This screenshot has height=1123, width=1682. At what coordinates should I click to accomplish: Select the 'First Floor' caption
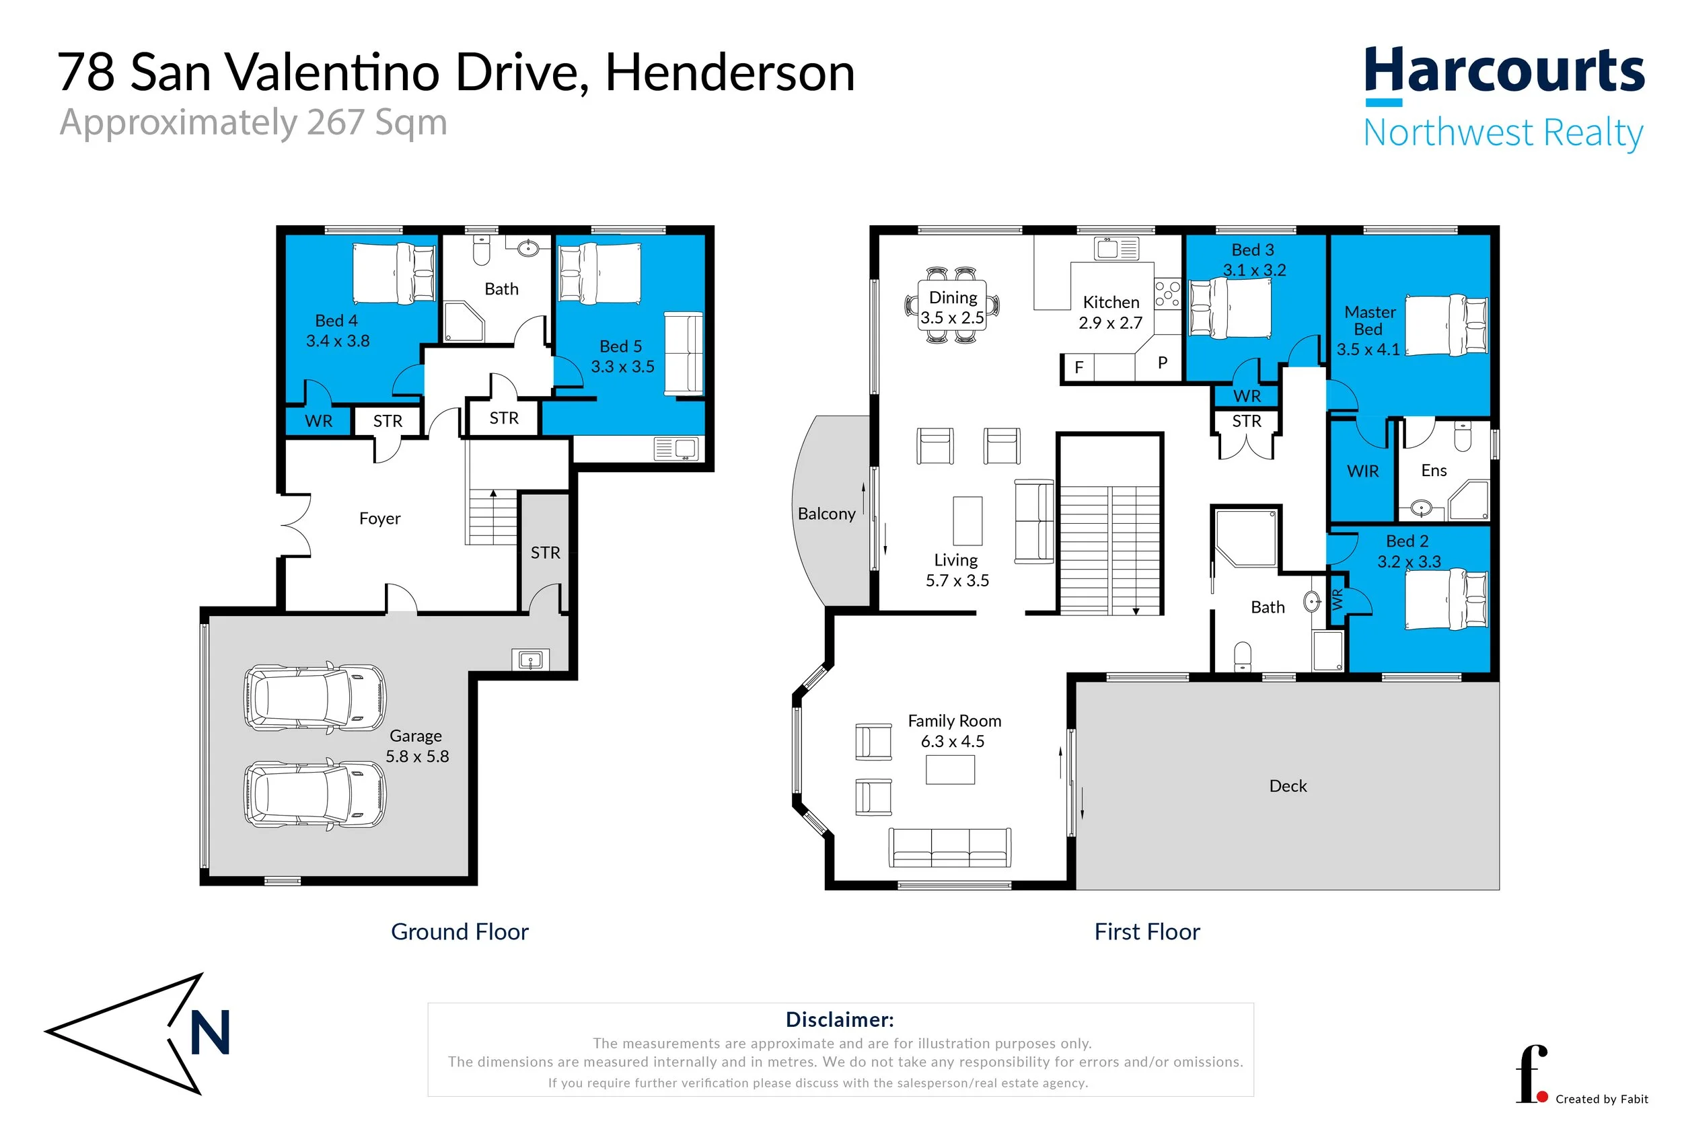[1147, 932]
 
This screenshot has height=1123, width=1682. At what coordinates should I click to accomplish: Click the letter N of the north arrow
[210, 1032]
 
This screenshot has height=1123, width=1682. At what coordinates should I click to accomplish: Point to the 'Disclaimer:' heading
[840, 1019]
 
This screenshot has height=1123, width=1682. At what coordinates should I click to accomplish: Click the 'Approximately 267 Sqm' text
[254, 122]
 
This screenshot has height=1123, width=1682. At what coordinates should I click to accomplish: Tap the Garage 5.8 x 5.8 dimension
[417, 757]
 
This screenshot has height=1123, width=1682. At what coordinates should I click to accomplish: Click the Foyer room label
[379, 518]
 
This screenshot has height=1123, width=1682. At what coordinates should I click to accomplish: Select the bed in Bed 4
[394, 273]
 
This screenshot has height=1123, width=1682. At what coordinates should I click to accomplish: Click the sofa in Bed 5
[684, 354]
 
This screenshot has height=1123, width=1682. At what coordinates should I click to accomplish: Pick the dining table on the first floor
[952, 305]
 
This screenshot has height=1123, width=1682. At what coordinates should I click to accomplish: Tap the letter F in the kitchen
[1078, 367]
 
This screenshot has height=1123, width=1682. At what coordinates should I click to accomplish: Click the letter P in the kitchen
[1163, 363]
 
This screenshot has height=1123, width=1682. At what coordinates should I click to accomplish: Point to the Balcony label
[827, 514]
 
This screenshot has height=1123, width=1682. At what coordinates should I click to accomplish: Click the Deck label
[1287, 785]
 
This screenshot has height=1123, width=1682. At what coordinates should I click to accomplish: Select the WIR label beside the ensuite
[1362, 471]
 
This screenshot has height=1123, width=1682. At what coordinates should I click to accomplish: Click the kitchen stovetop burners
[1167, 294]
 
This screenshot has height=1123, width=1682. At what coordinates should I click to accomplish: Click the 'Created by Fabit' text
[1602, 1099]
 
